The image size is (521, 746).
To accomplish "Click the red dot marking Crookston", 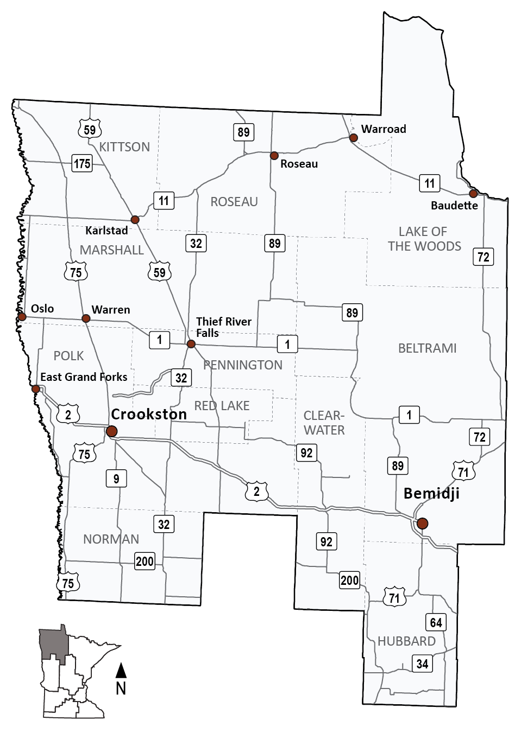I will [111, 431].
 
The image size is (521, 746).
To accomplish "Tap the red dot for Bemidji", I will [422, 523].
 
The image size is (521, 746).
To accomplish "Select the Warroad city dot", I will [353, 137].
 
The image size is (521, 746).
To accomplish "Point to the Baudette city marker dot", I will [473, 194].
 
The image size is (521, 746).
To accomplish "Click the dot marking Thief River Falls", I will [191, 344].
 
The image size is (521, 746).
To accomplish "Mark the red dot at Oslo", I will [22, 316].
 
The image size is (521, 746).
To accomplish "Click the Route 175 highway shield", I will [82, 163].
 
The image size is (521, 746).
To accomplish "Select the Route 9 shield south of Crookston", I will [116, 478].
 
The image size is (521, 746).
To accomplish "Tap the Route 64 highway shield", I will [436, 622].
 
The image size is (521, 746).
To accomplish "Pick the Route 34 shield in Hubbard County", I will [422, 663].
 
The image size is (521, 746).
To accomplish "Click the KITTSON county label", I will [124, 147].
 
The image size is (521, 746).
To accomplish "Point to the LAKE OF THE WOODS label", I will [424, 239].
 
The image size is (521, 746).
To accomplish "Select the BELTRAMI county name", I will [427, 348].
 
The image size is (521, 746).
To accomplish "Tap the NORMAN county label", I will [111, 539].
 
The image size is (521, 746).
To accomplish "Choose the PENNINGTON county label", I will [243, 365].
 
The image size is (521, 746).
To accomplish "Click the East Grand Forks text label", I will [84, 377].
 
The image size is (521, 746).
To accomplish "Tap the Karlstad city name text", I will [106, 231].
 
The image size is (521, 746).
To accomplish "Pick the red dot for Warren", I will [86, 318].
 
